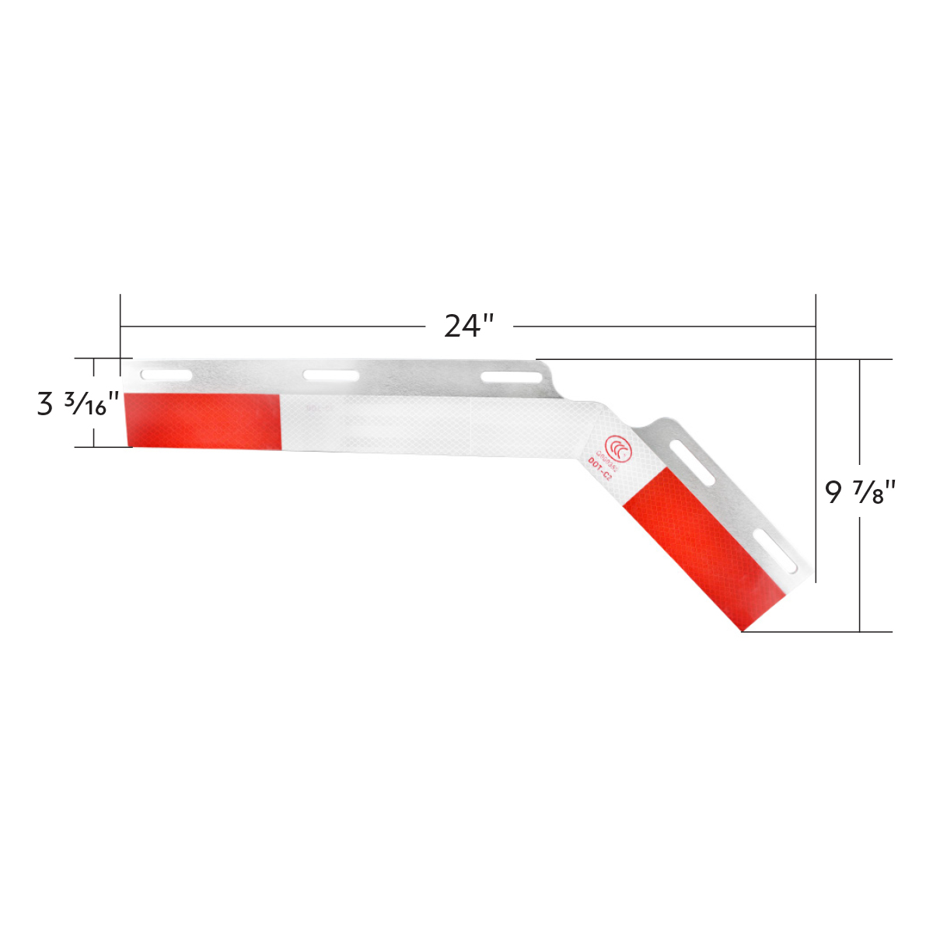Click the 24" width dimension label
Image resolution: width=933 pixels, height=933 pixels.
469,326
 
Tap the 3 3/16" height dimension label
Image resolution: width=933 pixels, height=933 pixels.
78,404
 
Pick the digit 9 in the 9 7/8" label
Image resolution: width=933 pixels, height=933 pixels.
833,492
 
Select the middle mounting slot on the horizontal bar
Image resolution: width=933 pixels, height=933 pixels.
331,376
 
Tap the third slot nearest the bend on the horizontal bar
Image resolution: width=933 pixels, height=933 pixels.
512,377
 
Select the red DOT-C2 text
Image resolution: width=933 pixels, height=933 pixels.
599,472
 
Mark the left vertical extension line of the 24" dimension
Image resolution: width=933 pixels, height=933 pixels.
121,327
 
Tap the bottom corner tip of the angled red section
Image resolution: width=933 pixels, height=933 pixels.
743,631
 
